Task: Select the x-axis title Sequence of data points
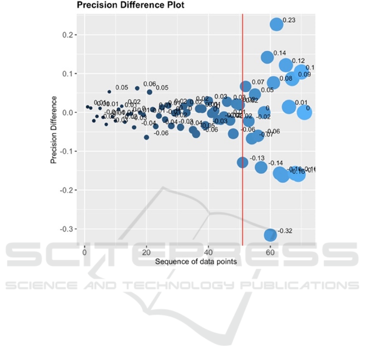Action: tap(196, 261)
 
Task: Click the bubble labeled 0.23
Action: tap(276, 24)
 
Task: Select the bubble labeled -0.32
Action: tap(270, 235)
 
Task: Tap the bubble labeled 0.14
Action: tap(267, 57)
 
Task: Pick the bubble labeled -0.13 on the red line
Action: tap(243, 162)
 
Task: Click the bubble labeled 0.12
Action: tap(286, 65)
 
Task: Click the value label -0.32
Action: tap(285, 231)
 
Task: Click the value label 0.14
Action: tap(280, 53)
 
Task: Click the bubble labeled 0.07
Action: tap(245, 86)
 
